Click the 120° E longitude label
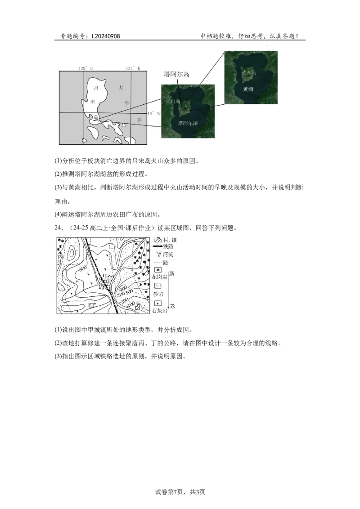(85, 68)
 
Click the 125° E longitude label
(133, 68)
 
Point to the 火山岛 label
(173, 102)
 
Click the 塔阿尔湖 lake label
(188, 123)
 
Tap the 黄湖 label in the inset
(248, 89)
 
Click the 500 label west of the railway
(82, 268)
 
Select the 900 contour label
(123, 289)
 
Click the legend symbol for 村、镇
(158, 239)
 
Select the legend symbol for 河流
(158, 254)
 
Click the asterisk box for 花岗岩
(158, 269)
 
